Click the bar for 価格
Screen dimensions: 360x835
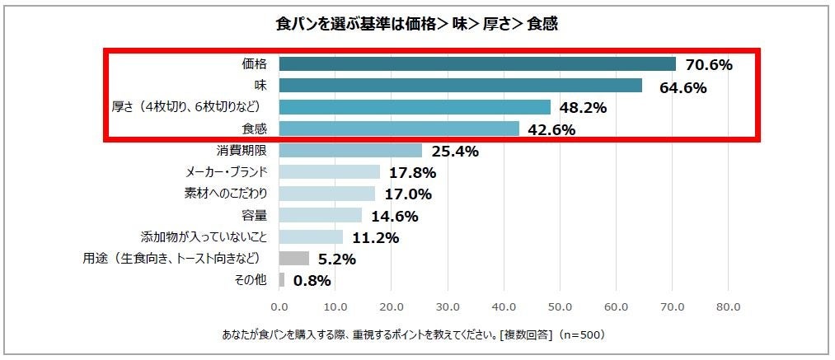pos(477,63)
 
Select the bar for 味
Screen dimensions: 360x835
pos(460,85)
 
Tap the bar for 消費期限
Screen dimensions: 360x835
pos(350,150)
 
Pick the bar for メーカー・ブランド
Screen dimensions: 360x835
pos(330,171)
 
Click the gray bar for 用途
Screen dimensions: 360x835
pos(294,258)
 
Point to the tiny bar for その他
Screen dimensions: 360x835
pos(282,279)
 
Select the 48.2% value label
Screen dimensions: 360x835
pos(583,108)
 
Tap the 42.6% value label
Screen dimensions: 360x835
pos(551,129)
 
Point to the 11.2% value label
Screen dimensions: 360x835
pos(375,238)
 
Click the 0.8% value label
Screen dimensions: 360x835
pos(312,281)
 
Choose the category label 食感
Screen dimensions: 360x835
pos(255,128)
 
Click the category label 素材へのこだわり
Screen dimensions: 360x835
pos(226,193)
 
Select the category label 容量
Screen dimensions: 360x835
pos(255,214)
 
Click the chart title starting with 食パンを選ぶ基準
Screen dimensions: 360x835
pos(416,24)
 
